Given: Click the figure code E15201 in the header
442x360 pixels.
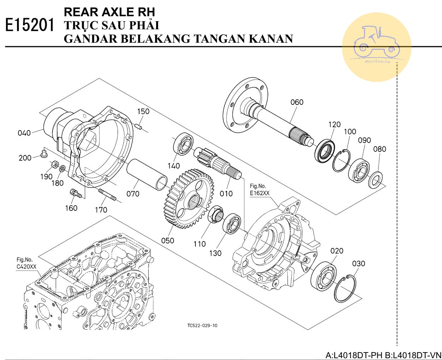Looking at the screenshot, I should [x=30, y=25].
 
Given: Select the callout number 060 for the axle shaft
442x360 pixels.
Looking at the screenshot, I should [x=297, y=102].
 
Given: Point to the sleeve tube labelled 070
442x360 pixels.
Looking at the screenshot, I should [x=147, y=174].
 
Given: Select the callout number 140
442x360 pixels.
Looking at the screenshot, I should [x=174, y=166].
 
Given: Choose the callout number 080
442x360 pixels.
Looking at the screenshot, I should [x=380, y=149].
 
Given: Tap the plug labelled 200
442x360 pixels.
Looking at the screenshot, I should [x=44, y=153].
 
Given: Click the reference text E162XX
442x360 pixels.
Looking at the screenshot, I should [x=259, y=193].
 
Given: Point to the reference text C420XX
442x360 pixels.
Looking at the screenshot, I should [x=26, y=267].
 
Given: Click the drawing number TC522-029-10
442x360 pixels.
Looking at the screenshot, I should [x=202, y=325].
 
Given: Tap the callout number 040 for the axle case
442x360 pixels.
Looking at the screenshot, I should [x=24, y=133].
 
